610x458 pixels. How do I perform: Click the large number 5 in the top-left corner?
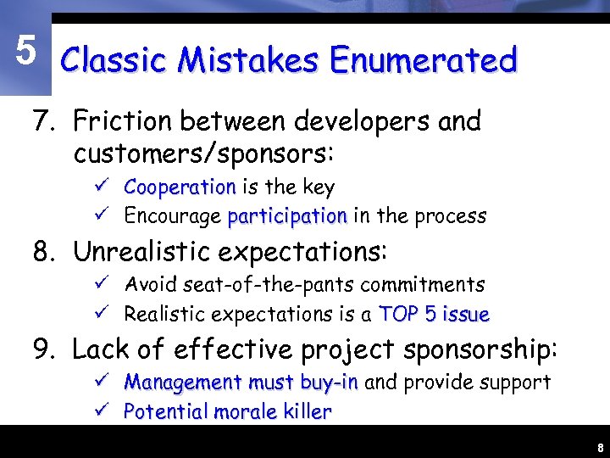coord(25,52)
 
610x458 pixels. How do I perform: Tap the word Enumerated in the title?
coord(424,61)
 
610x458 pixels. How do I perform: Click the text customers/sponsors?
coord(204,154)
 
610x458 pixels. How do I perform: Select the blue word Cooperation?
coord(180,187)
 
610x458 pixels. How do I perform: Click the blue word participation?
coord(287,216)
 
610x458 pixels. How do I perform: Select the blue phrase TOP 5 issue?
coord(434,315)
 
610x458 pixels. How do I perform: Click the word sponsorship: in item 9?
coord(480,349)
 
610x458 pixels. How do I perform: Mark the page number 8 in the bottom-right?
coord(599,447)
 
